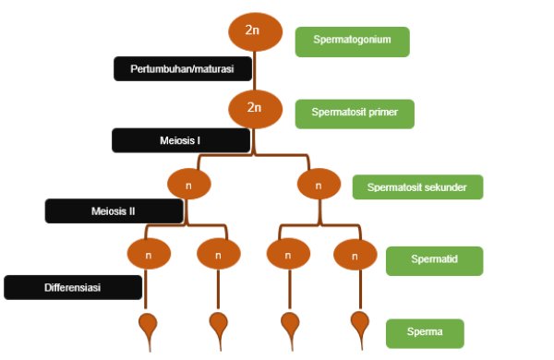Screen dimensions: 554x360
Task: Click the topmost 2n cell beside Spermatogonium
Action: pos(255,31)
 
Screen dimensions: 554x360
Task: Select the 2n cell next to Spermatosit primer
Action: pos(255,109)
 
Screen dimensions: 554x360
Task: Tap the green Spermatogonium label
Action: pos(353,42)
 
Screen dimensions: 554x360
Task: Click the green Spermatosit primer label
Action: pos(355,114)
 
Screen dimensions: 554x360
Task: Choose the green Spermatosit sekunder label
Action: pos(417,186)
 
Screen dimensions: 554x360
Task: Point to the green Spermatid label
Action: pos(434,261)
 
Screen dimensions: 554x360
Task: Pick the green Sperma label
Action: pos(425,333)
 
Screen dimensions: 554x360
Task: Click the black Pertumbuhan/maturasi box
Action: pos(183,68)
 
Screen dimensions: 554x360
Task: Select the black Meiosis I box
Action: pos(181,140)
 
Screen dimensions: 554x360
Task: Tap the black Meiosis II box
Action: pos(114,210)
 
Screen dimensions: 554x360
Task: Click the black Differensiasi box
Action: pos(73,287)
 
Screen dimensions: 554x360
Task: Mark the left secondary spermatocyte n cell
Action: pos(189,184)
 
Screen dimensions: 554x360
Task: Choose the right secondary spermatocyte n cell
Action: pos(319,184)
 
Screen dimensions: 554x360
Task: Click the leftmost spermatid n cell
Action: pos(149,254)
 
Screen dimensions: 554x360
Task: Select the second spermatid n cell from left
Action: pos(219,254)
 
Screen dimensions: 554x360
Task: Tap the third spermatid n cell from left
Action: pos(288,254)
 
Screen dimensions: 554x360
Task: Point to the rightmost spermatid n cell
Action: pos(355,255)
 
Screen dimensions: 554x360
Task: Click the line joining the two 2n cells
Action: pos(255,71)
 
